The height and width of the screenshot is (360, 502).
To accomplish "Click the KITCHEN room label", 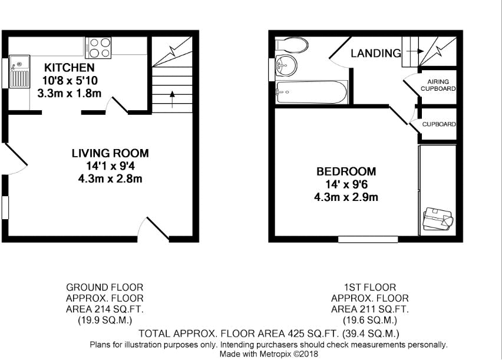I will tap(68, 68).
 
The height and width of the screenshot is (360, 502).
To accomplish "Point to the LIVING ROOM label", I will tap(110, 153).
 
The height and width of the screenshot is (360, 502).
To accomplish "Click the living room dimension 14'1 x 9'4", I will tap(110, 166).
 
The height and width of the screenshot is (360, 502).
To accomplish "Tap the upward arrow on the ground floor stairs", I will tap(172, 97).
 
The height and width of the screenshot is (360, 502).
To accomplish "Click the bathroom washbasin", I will tap(286, 65).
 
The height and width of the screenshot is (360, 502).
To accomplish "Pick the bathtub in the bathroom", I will tap(311, 92).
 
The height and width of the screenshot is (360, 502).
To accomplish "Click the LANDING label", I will tap(375, 54).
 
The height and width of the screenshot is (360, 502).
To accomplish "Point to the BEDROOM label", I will tap(346, 171).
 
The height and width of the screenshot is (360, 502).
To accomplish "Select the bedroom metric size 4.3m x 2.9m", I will tap(346, 197).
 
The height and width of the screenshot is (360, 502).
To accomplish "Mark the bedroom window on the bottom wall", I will tap(368, 239).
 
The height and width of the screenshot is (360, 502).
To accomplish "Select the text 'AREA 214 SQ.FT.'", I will tap(104, 309).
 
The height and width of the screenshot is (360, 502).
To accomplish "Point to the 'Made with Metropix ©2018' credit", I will tap(268, 354).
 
